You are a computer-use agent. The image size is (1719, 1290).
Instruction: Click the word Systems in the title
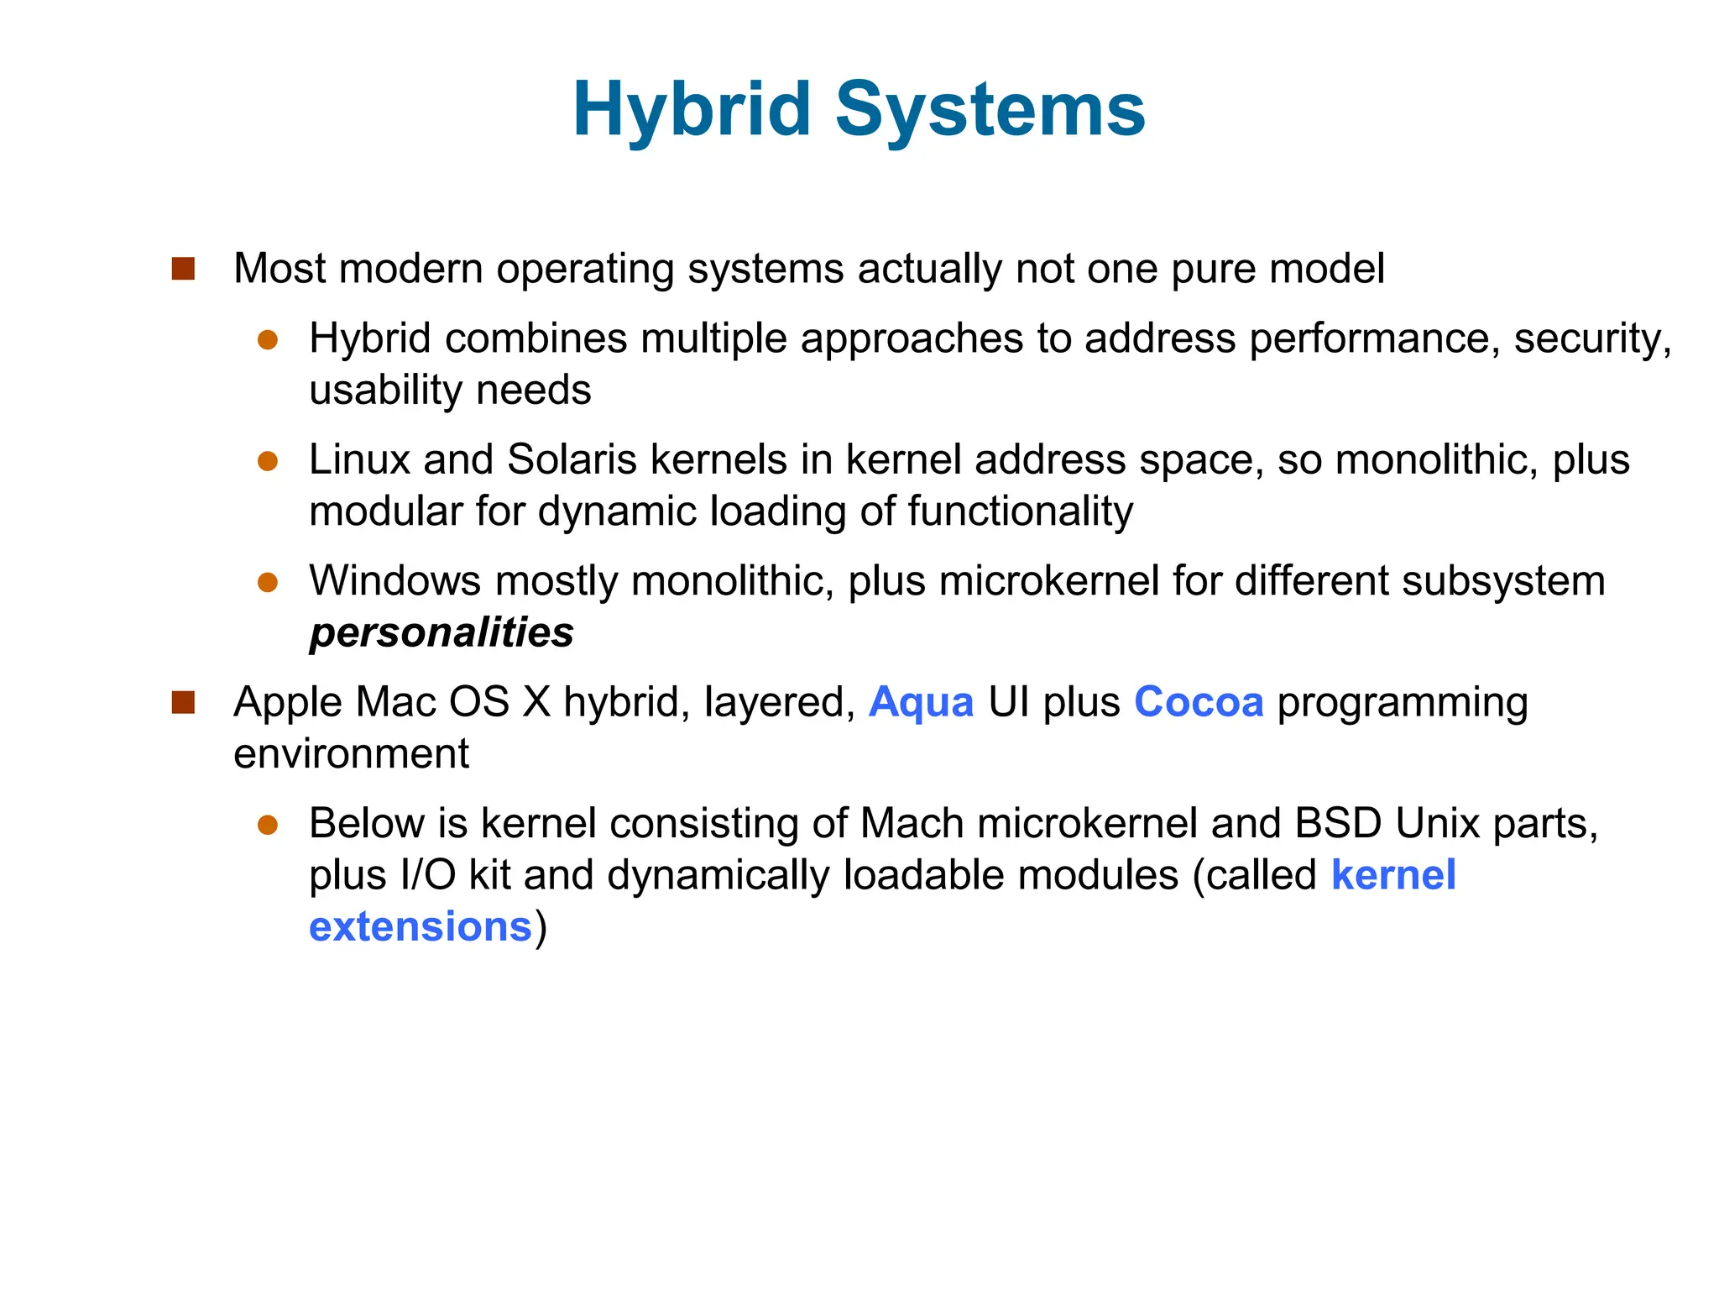pyautogui.click(x=990, y=109)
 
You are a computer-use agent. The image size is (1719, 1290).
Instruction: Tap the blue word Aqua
pyautogui.click(x=921, y=702)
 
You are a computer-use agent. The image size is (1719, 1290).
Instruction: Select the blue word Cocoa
pyautogui.click(x=1198, y=702)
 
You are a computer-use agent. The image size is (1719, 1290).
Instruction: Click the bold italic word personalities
pyautogui.click(x=442, y=632)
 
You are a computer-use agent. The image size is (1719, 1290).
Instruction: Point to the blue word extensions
pyautogui.click(x=421, y=927)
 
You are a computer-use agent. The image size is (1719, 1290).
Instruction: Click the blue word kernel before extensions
pyautogui.click(x=1393, y=875)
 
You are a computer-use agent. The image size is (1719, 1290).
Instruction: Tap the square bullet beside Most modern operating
pyautogui.click(x=183, y=269)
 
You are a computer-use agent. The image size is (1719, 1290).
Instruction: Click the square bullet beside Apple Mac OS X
pyautogui.click(x=183, y=702)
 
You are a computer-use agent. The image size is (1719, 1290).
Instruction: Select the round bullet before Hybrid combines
pyautogui.click(x=268, y=340)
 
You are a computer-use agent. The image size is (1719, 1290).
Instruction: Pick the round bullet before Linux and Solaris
pyautogui.click(x=268, y=461)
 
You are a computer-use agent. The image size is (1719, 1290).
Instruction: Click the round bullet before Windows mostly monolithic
pyautogui.click(x=268, y=582)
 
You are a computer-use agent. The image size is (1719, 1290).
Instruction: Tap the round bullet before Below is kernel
pyautogui.click(x=268, y=825)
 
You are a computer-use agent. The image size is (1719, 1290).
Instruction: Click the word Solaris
pyautogui.click(x=572, y=459)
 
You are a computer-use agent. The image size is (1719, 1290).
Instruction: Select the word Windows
pyautogui.click(x=394, y=581)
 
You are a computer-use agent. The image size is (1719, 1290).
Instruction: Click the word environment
pyautogui.click(x=351, y=754)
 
